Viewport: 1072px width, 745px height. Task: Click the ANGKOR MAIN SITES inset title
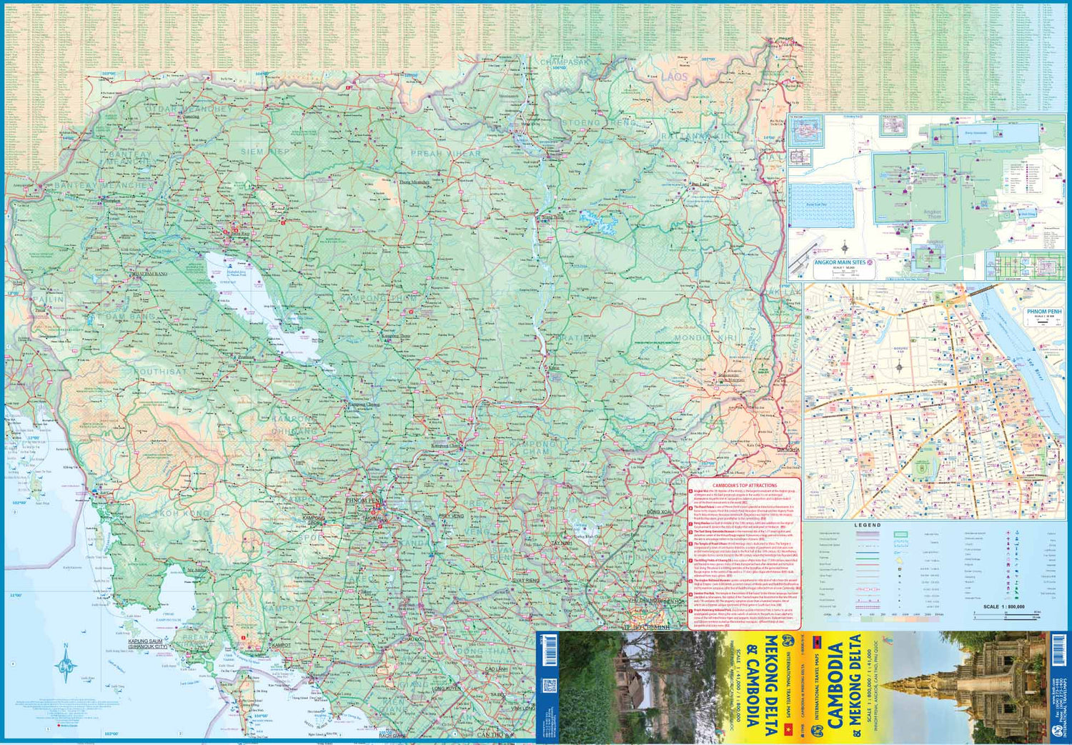click(840, 262)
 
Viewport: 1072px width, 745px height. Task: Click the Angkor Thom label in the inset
click(933, 213)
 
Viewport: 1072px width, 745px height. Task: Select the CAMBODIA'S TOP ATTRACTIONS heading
click(744, 485)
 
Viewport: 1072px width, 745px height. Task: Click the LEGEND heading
click(868, 525)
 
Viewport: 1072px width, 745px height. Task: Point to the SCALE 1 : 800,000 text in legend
click(1003, 606)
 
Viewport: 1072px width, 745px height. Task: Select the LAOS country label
click(673, 76)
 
